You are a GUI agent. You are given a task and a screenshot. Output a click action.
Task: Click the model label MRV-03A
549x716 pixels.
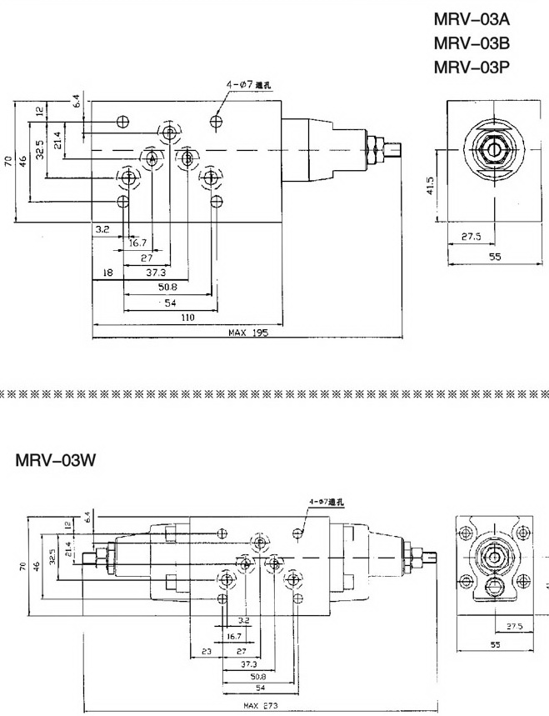click(x=471, y=19)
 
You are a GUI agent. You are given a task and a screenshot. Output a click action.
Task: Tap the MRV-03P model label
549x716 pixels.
click(x=471, y=68)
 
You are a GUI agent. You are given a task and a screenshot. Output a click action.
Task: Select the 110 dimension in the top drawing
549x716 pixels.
click(x=187, y=318)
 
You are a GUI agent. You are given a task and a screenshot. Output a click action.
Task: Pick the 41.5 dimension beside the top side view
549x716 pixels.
click(x=431, y=184)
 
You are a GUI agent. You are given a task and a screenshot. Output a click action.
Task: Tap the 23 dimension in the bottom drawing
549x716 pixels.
click(x=206, y=652)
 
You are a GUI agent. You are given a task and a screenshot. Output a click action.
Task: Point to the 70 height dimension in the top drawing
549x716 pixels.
click(x=7, y=161)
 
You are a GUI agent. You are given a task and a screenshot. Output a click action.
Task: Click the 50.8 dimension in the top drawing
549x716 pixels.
click(x=167, y=288)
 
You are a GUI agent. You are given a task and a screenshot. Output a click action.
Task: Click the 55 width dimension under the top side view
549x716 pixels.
click(x=495, y=258)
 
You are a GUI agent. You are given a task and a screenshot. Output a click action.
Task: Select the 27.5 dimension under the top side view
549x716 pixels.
click(x=472, y=237)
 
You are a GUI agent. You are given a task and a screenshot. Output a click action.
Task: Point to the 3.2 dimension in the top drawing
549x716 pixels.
click(x=102, y=228)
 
